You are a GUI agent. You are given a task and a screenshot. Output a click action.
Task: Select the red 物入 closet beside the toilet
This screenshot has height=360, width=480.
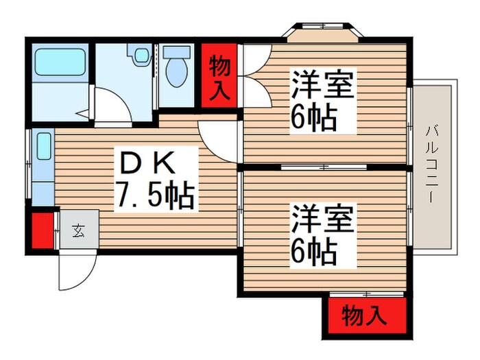[219, 75]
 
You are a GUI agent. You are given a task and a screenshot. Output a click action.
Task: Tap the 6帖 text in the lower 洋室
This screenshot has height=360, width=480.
[314, 252]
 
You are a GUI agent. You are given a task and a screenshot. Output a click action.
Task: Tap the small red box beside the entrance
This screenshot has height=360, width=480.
[42, 231]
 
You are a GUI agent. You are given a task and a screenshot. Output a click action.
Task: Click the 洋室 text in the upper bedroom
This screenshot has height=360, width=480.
[322, 86]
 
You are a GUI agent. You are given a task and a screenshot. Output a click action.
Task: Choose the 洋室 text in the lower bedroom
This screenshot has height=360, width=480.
[322, 219]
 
